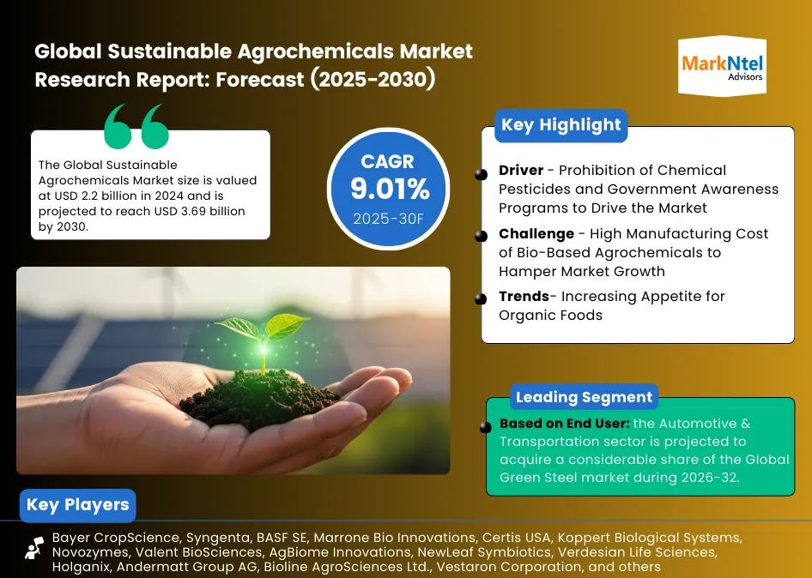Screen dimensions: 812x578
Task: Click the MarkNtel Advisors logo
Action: [722, 66]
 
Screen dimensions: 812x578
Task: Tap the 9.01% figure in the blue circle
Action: [390, 189]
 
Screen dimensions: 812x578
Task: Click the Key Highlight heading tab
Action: [561, 125]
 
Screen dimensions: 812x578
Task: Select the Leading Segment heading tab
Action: [584, 397]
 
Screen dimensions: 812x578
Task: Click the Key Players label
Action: [77, 505]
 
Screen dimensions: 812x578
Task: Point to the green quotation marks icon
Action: [136, 126]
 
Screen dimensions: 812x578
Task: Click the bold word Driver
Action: [521, 171]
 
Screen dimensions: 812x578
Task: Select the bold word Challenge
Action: [536, 234]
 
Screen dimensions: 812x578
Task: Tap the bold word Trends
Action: [524, 297]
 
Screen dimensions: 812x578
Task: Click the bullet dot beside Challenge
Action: [481, 237]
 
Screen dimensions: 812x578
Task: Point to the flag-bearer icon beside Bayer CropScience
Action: [35, 548]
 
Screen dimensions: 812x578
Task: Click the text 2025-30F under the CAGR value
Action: [388, 219]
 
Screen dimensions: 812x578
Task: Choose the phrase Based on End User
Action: [565, 424]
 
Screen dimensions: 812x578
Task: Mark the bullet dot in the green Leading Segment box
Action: [485, 427]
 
